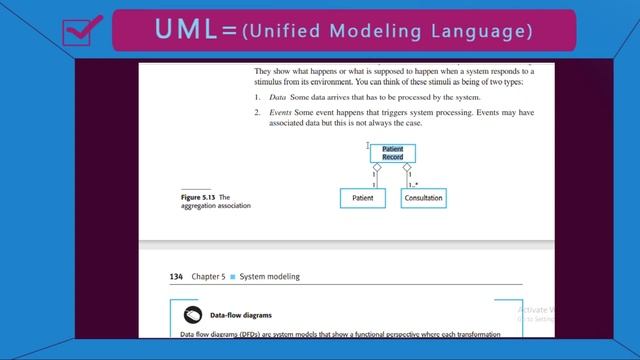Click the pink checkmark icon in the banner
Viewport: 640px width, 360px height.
point(77,31)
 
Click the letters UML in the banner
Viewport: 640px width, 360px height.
point(187,31)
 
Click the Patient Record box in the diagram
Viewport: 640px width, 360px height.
point(392,153)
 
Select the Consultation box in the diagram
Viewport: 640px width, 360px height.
point(423,199)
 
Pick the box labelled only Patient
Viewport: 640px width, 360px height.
point(362,199)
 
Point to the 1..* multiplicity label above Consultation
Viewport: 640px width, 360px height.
point(414,185)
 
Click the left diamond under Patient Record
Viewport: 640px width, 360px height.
point(377,168)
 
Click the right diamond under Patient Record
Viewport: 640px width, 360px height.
point(407,168)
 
